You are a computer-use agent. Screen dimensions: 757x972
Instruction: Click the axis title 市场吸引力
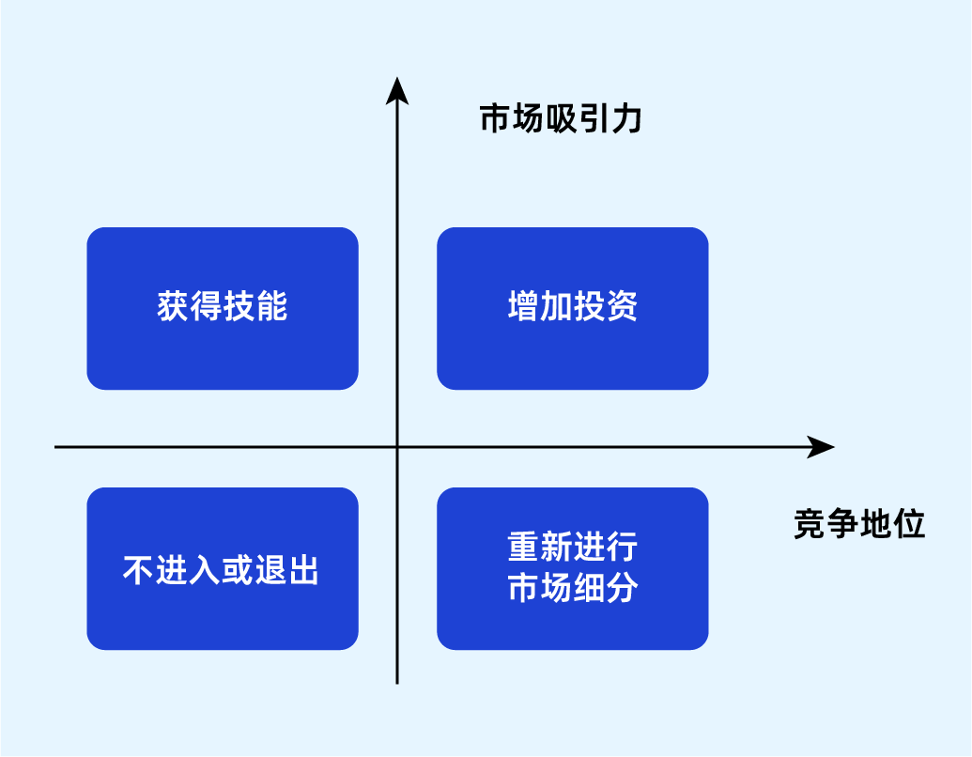(x=560, y=119)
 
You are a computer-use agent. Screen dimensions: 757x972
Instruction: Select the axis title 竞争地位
(x=859, y=524)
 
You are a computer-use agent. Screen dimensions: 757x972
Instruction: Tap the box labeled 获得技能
(x=223, y=308)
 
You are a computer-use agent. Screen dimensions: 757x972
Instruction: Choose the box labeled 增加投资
(x=572, y=308)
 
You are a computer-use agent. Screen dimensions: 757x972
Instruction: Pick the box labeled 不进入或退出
(x=223, y=568)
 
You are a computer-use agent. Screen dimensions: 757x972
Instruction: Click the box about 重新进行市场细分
(x=572, y=568)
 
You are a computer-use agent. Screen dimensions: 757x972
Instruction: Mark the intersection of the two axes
(x=397, y=447)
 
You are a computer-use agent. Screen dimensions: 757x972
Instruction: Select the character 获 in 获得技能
(x=173, y=307)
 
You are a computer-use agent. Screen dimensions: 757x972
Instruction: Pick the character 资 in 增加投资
(x=622, y=307)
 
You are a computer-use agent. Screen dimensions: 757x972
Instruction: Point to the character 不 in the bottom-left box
(x=139, y=570)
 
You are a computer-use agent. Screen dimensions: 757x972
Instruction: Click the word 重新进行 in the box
(x=572, y=547)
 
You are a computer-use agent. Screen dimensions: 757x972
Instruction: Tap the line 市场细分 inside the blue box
(x=572, y=589)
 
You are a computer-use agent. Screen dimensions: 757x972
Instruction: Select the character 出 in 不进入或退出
(x=304, y=570)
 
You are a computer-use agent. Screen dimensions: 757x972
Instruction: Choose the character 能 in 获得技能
(x=271, y=307)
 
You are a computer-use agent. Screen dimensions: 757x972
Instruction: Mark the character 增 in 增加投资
(x=523, y=307)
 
